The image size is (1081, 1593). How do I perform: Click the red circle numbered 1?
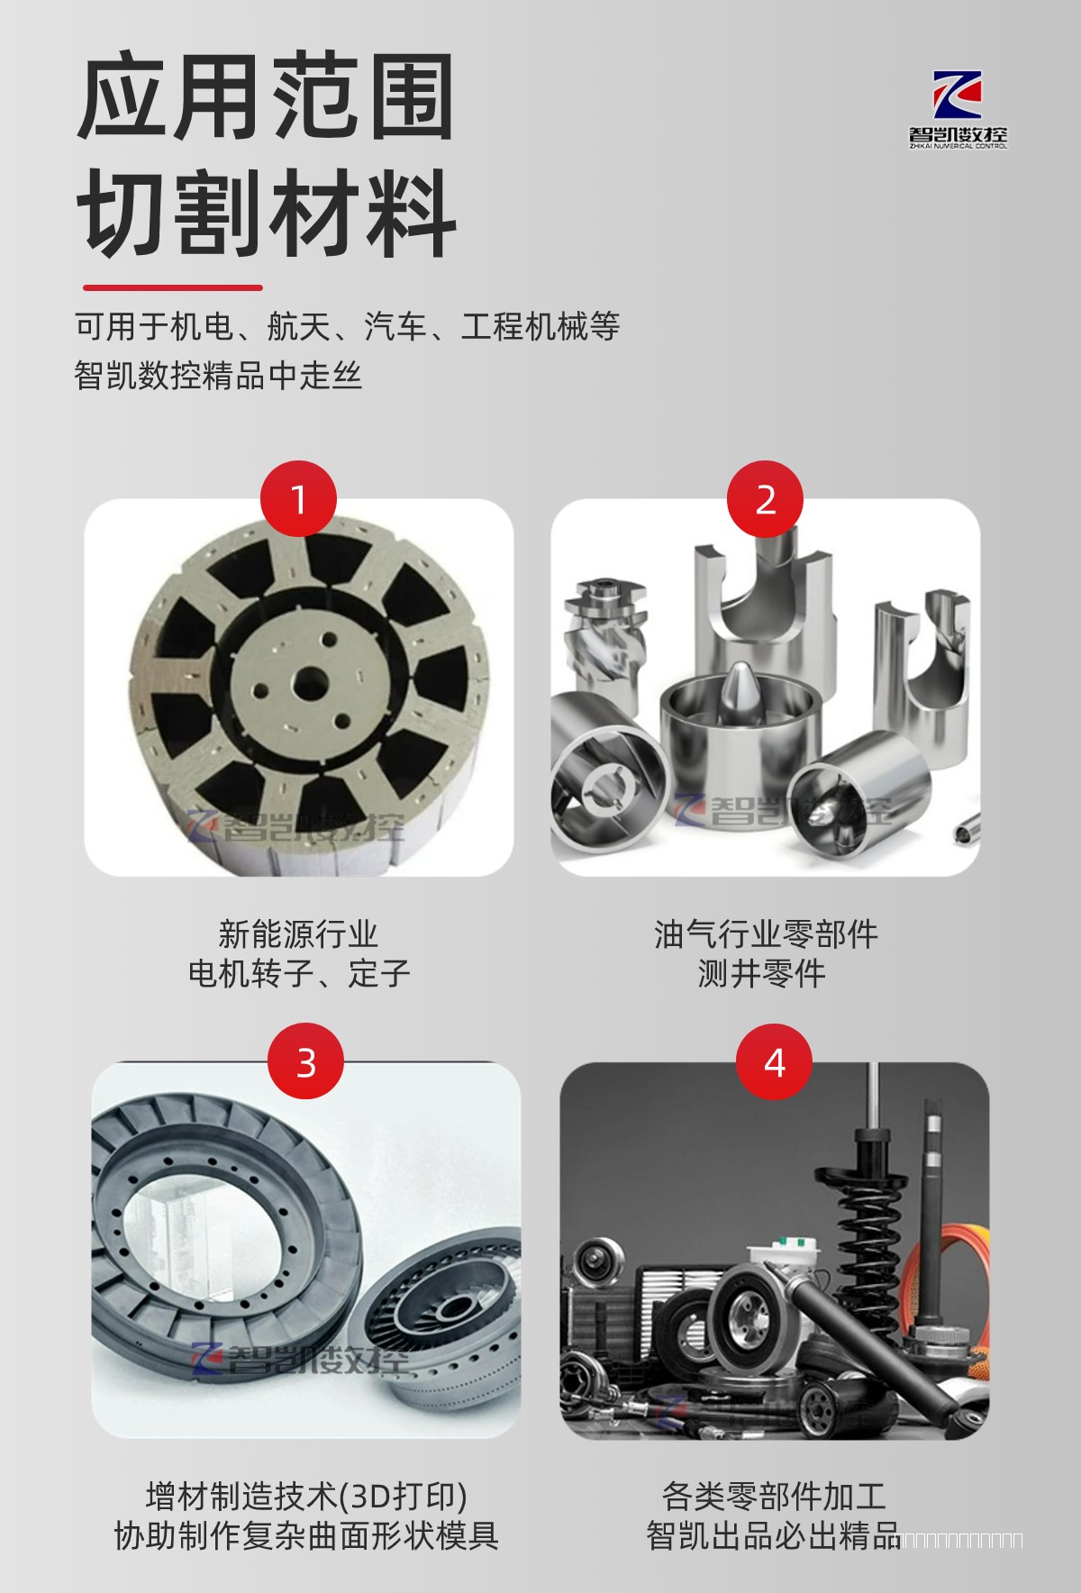[x=298, y=499]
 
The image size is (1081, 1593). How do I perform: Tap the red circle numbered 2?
[x=765, y=499]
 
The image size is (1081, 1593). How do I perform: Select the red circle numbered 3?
[x=306, y=1062]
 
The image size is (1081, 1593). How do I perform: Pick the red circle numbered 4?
[x=774, y=1062]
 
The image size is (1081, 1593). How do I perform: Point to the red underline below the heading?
[x=172, y=287]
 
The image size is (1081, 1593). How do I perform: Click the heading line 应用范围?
[x=265, y=98]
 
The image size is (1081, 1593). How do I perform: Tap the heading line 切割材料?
[x=267, y=214]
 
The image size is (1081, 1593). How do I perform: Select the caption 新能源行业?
[x=297, y=933]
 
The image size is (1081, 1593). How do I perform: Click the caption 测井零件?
[x=761, y=973]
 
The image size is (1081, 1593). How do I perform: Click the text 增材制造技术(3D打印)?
[x=306, y=1496]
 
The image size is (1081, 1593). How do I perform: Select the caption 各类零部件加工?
[x=774, y=1496]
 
